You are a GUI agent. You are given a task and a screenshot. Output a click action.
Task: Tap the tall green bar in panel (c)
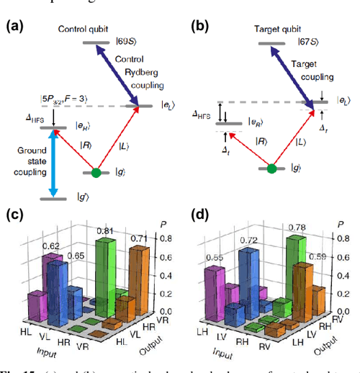click(x=106, y=274)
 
